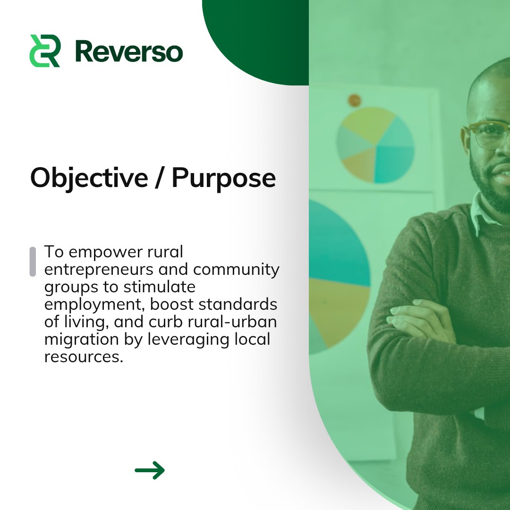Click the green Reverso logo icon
point(44,51)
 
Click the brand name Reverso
point(128,51)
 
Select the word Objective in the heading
point(88,178)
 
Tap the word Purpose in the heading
point(223,178)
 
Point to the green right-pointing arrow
point(150,470)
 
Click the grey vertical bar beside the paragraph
point(33,261)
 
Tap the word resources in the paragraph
point(83,357)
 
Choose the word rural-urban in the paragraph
point(236,322)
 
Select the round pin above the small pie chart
point(355,100)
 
